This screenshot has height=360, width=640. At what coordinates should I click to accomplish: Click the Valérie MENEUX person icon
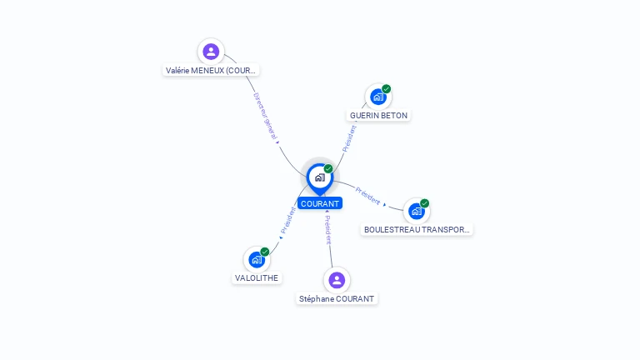(211, 52)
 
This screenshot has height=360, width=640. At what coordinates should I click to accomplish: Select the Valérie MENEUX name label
(212, 71)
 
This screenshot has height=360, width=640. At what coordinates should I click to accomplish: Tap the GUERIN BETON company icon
(378, 97)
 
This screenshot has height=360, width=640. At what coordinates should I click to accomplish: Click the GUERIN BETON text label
(379, 115)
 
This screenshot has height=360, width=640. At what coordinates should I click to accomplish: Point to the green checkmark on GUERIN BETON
(387, 89)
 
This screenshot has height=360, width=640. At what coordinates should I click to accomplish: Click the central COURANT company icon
(319, 177)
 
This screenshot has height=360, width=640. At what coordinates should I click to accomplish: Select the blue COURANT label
(320, 203)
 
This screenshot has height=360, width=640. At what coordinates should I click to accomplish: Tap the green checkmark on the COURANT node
(328, 169)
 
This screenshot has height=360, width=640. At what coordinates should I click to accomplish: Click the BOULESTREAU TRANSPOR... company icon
(417, 211)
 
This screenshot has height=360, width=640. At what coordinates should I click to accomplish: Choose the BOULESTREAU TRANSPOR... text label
(417, 229)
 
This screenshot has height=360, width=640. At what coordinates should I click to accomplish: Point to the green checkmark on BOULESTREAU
(425, 203)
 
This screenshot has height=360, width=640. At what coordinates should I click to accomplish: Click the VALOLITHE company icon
(257, 259)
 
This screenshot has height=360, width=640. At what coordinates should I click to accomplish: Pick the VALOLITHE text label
(257, 277)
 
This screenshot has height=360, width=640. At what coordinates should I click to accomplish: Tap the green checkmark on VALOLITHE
(265, 252)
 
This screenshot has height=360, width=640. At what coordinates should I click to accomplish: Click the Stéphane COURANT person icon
(337, 280)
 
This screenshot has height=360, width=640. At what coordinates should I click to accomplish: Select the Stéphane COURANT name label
(337, 298)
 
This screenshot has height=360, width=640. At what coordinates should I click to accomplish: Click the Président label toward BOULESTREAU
(368, 196)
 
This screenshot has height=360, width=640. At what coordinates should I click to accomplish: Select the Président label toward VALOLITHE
(288, 221)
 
